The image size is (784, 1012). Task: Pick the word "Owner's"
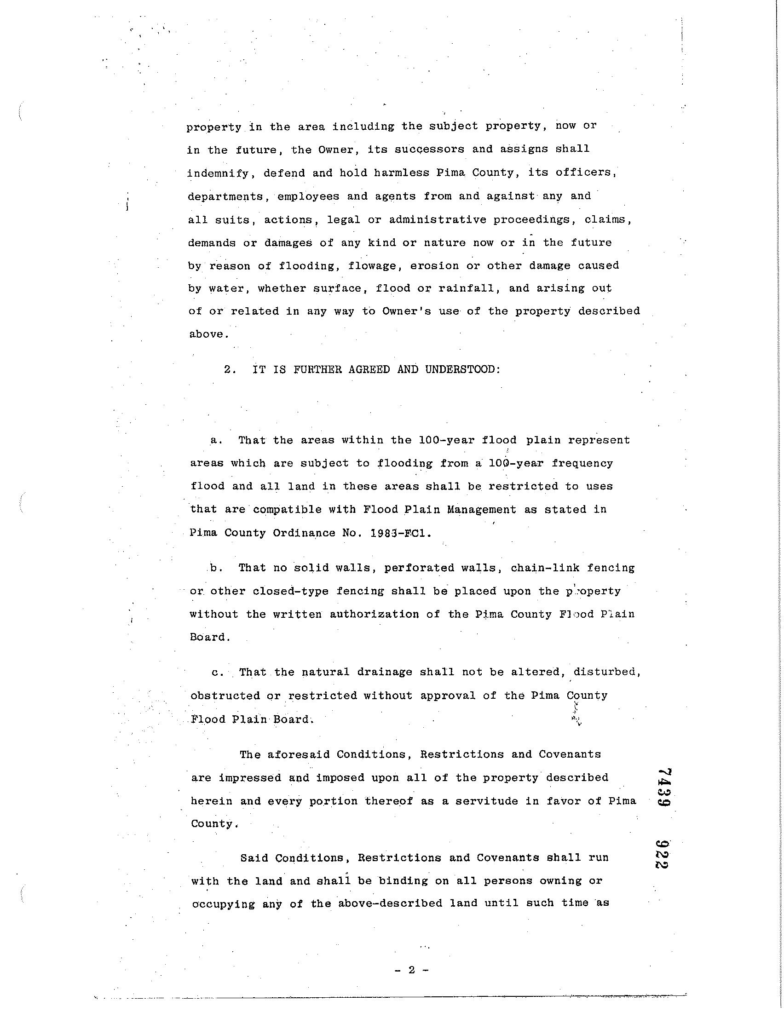pyautogui.click(x=407, y=311)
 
